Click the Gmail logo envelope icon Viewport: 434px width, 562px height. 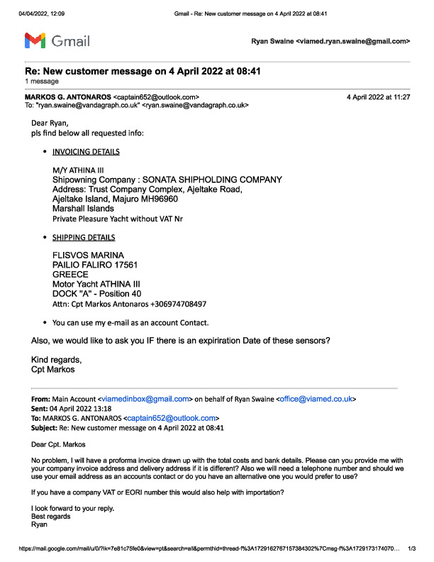click(x=36, y=40)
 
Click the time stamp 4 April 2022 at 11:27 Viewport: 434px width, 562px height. click(x=378, y=97)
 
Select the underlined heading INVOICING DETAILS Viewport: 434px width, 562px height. click(x=86, y=152)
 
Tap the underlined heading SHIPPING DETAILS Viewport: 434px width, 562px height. click(x=84, y=238)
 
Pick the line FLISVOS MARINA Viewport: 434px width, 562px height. click(x=88, y=255)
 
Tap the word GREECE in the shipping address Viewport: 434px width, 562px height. click(x=70, y=274)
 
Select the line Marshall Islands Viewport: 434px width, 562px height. click(x=82, y=209)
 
